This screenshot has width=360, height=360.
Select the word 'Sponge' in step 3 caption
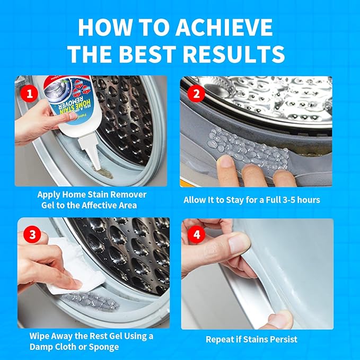[x=102, y=347]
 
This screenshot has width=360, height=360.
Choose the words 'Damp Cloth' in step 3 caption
[x=53, y=347]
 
